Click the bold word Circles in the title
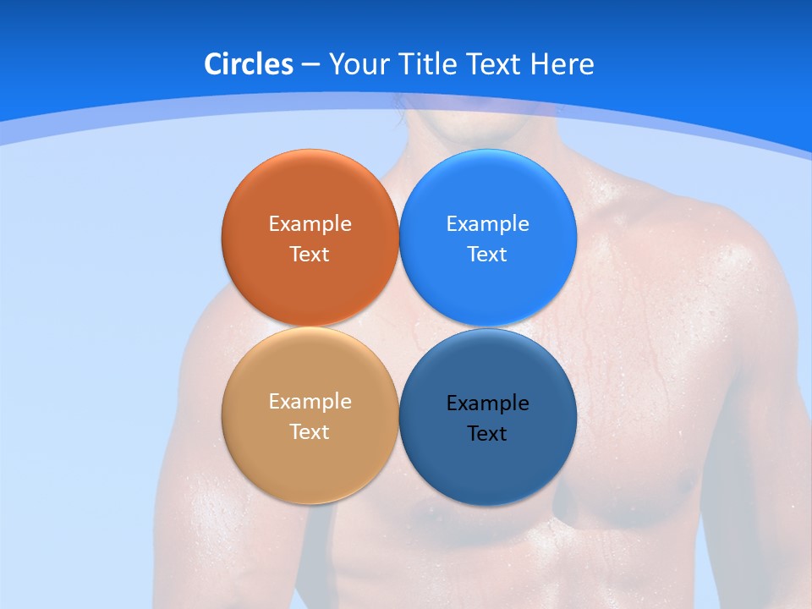coord(249,64)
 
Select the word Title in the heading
coord(431,64)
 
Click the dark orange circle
coord(310,190)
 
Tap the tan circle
coord(310,465)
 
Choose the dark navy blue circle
coord(488,469)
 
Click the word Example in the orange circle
coord(310,224)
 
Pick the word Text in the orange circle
coord(310,255)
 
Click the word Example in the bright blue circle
coord(487,224)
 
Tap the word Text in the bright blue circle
coord(487,255)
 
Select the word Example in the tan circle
coord(310,402)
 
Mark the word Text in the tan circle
coord(310,432)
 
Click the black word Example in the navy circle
coord(487,403)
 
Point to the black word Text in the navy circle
coord(487,434)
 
